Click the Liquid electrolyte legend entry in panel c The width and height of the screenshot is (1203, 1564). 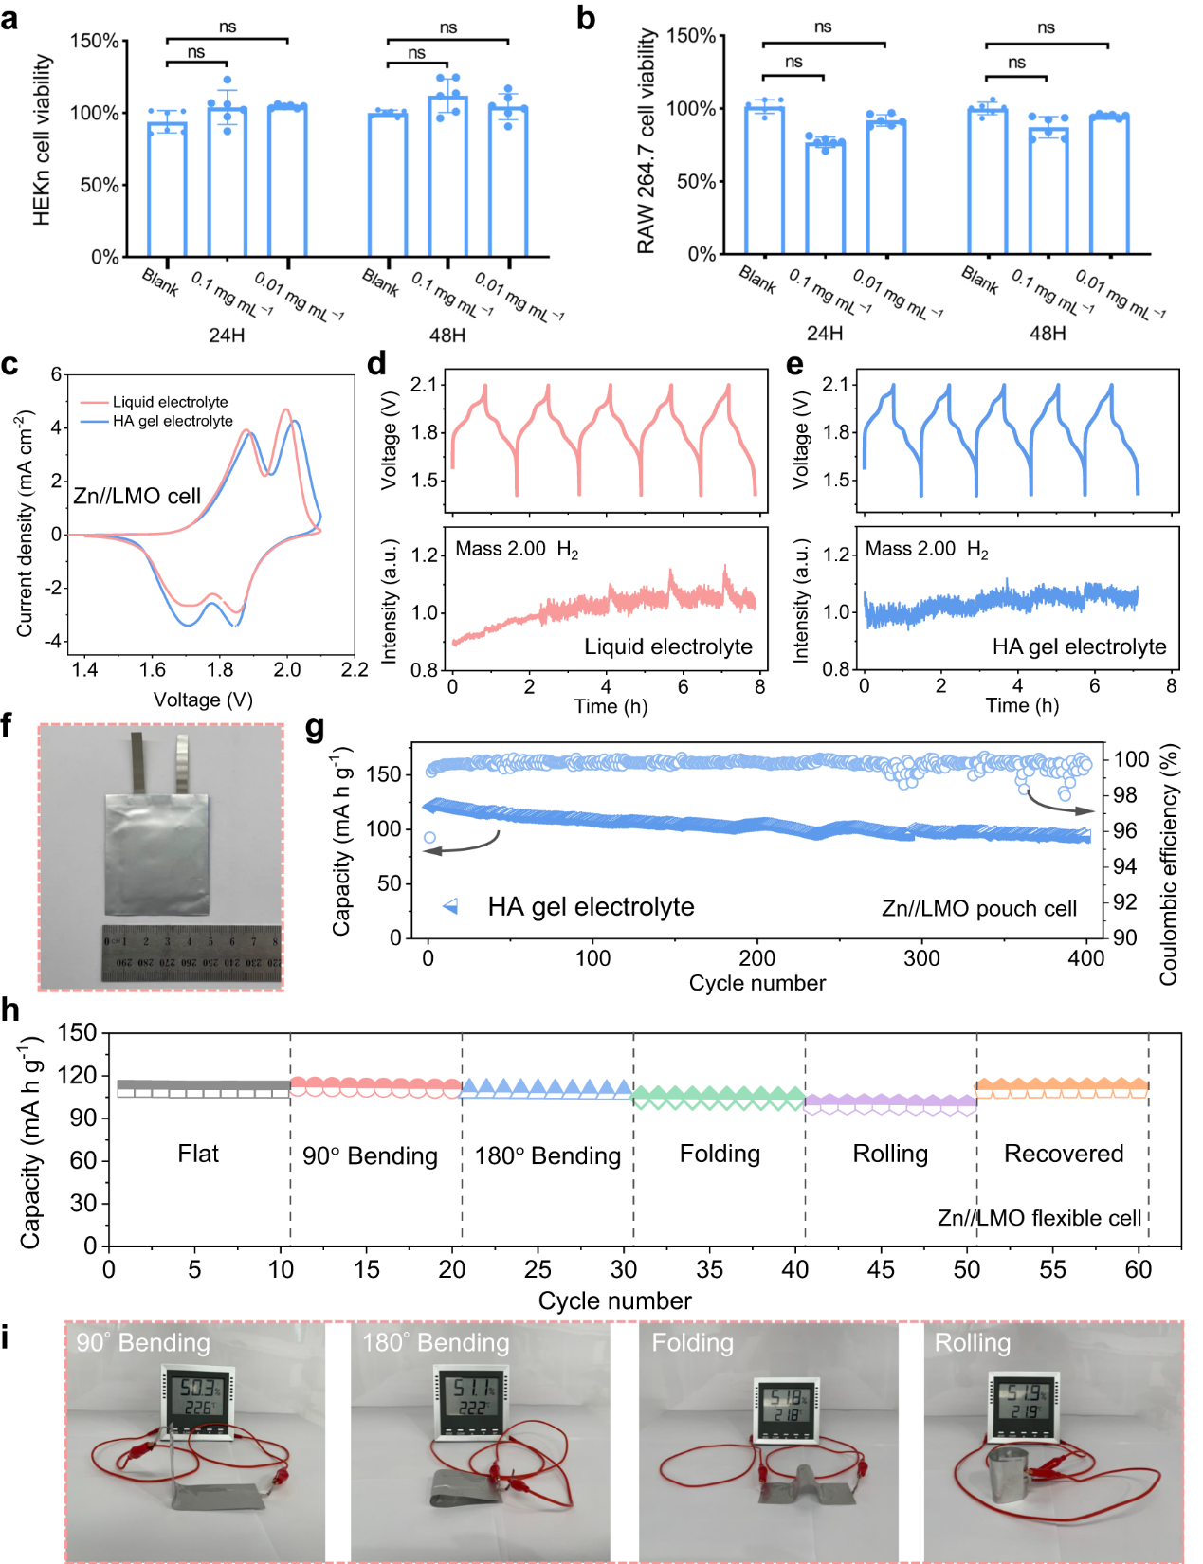point(170,402)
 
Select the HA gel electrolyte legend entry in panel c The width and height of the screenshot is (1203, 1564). point(173,421)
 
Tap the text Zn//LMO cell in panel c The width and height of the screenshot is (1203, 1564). point(137,496)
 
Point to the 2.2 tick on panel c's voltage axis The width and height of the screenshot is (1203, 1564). point(355,670)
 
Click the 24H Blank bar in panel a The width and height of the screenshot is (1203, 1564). point(167,189)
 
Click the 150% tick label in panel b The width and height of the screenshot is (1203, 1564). point(691,36)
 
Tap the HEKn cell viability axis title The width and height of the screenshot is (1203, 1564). point(41,139)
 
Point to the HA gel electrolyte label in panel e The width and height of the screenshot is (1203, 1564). point(1079,646)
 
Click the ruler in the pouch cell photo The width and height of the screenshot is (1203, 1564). point(191,952)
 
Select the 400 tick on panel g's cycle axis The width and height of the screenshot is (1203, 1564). point(1086,958)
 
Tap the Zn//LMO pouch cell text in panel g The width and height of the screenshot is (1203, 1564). point(979,909)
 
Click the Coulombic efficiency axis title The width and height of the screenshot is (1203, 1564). point(1169,864)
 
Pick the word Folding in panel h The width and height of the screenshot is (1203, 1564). point(720,1154)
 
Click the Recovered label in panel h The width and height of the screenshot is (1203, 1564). point(1064,1154)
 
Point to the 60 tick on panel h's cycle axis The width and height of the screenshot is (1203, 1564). point(1139,1269)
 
